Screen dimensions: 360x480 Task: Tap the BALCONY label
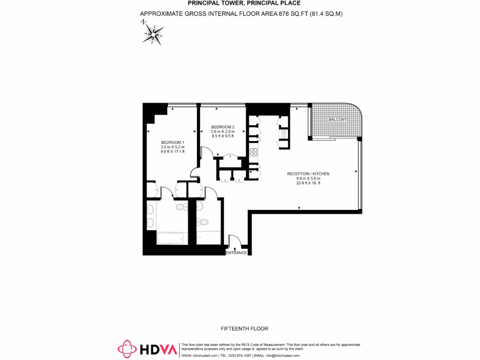coord(337,120)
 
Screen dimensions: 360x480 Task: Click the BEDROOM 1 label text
coord(172,142)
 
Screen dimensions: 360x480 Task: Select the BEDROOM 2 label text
coord(222,127)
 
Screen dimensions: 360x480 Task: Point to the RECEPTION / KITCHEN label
coord(308,174)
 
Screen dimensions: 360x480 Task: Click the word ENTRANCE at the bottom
coord(236,253)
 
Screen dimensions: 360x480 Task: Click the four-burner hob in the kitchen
coord(254,151)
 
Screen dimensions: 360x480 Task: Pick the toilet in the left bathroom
coord(180,206)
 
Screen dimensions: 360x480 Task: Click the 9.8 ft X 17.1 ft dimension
coord(172,151)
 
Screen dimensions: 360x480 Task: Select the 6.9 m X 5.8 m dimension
coord(308,179)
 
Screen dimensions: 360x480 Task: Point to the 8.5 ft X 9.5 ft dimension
coord(222,136)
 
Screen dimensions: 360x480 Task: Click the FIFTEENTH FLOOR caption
coord(244,329)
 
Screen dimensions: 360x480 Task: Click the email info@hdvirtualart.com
coord(289,356)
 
